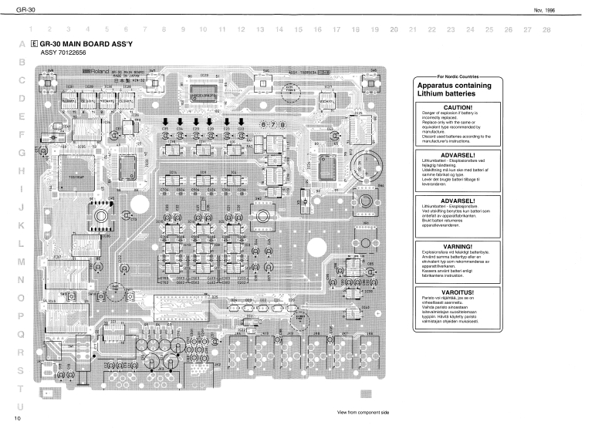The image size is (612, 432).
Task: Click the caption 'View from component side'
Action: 363,413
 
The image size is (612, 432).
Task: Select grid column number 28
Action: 546,29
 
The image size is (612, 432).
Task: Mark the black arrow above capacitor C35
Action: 165,121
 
